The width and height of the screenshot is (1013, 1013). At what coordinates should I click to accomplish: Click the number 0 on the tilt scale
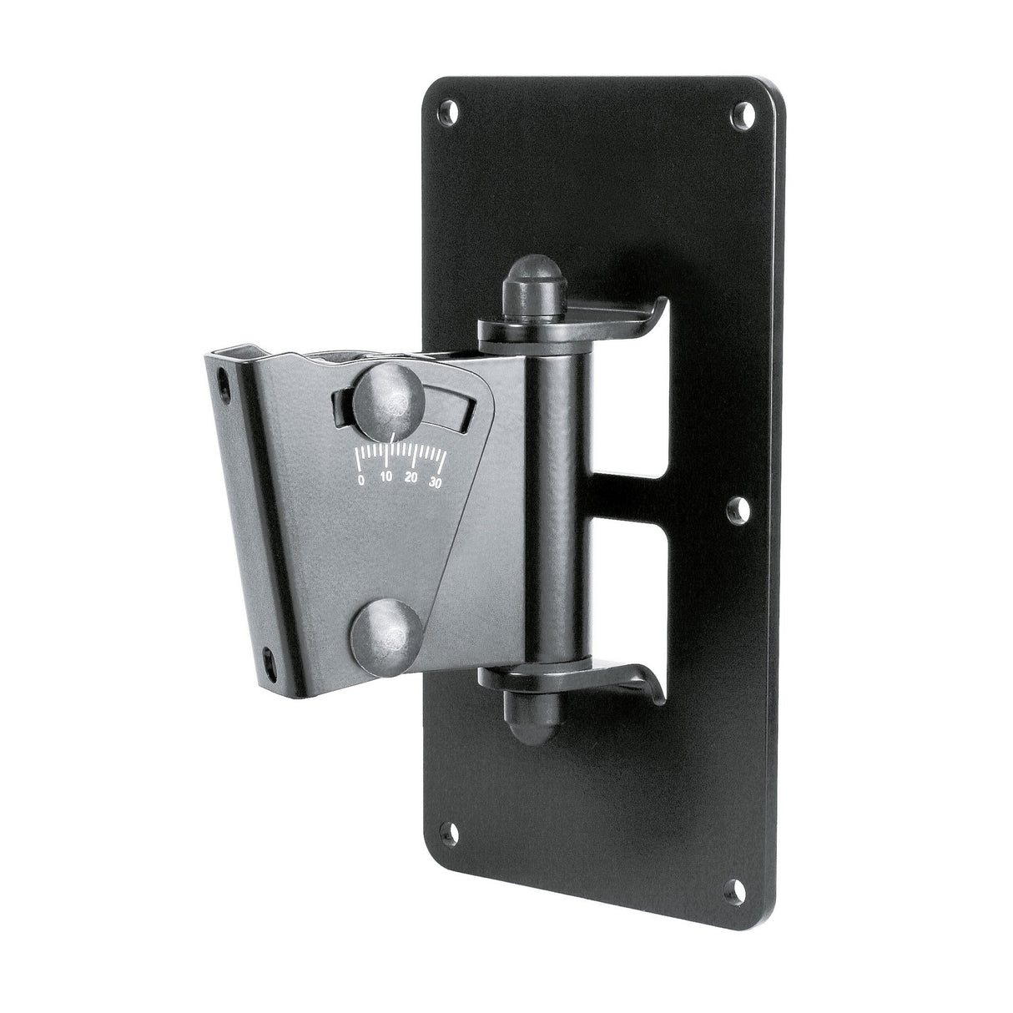pyautogui.click(x=360, y=481)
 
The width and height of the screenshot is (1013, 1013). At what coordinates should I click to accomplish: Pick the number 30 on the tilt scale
pyautogui.click(x=435, y=481)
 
